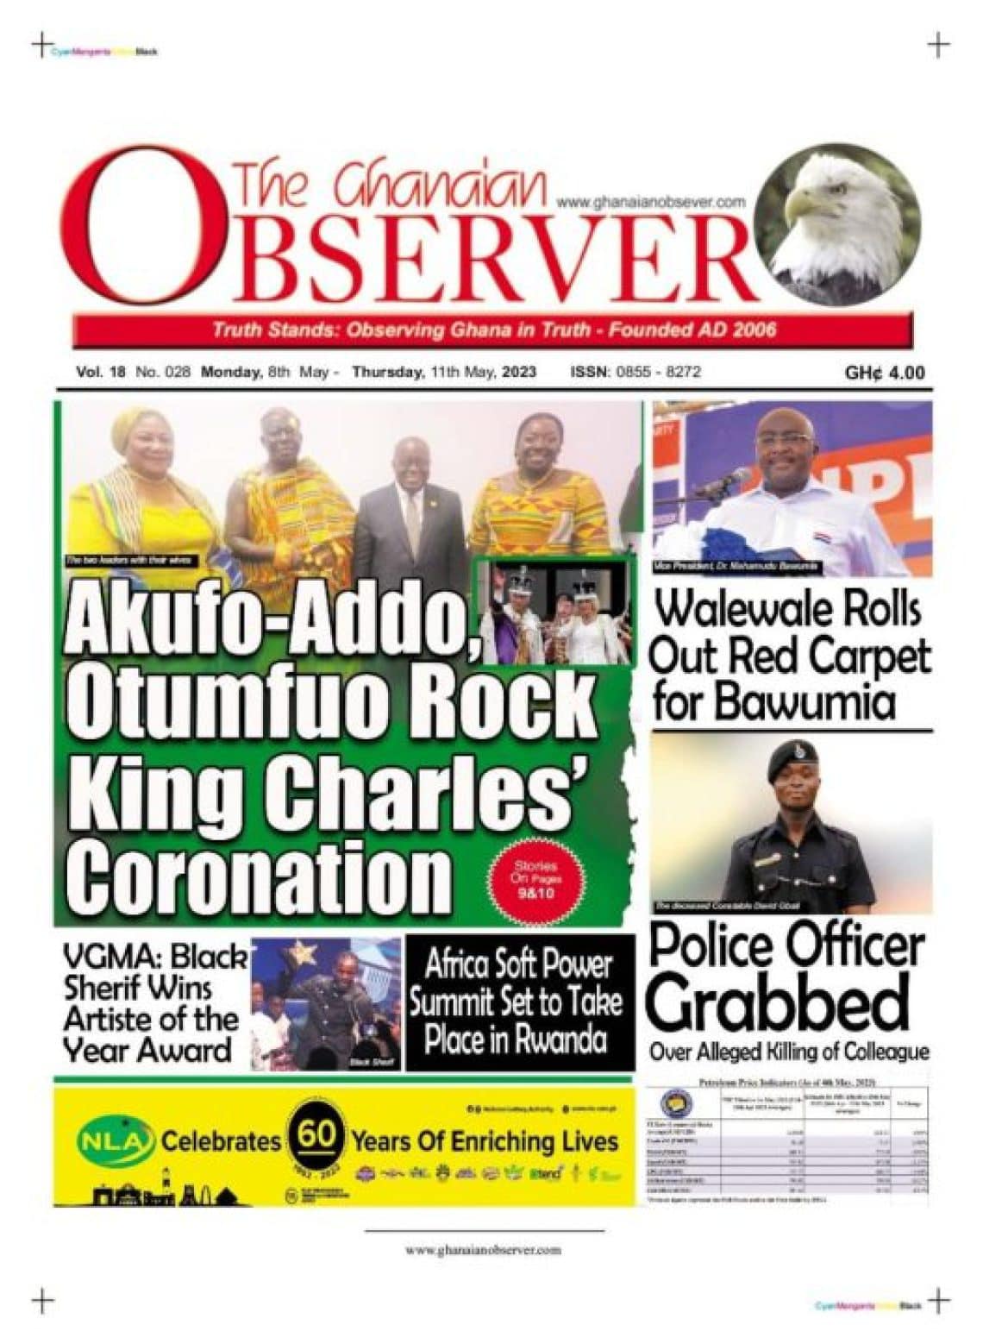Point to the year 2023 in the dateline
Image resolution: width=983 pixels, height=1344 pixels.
click(x=518, y=373)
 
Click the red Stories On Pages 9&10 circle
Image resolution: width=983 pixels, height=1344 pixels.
click(x=535, y=880)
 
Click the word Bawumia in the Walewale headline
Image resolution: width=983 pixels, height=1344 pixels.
click(x=811, y=702)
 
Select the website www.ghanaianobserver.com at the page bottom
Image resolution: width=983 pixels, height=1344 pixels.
click(x=483, y=1250)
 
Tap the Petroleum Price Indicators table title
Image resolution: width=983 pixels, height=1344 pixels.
click(x=789, y=1082)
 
